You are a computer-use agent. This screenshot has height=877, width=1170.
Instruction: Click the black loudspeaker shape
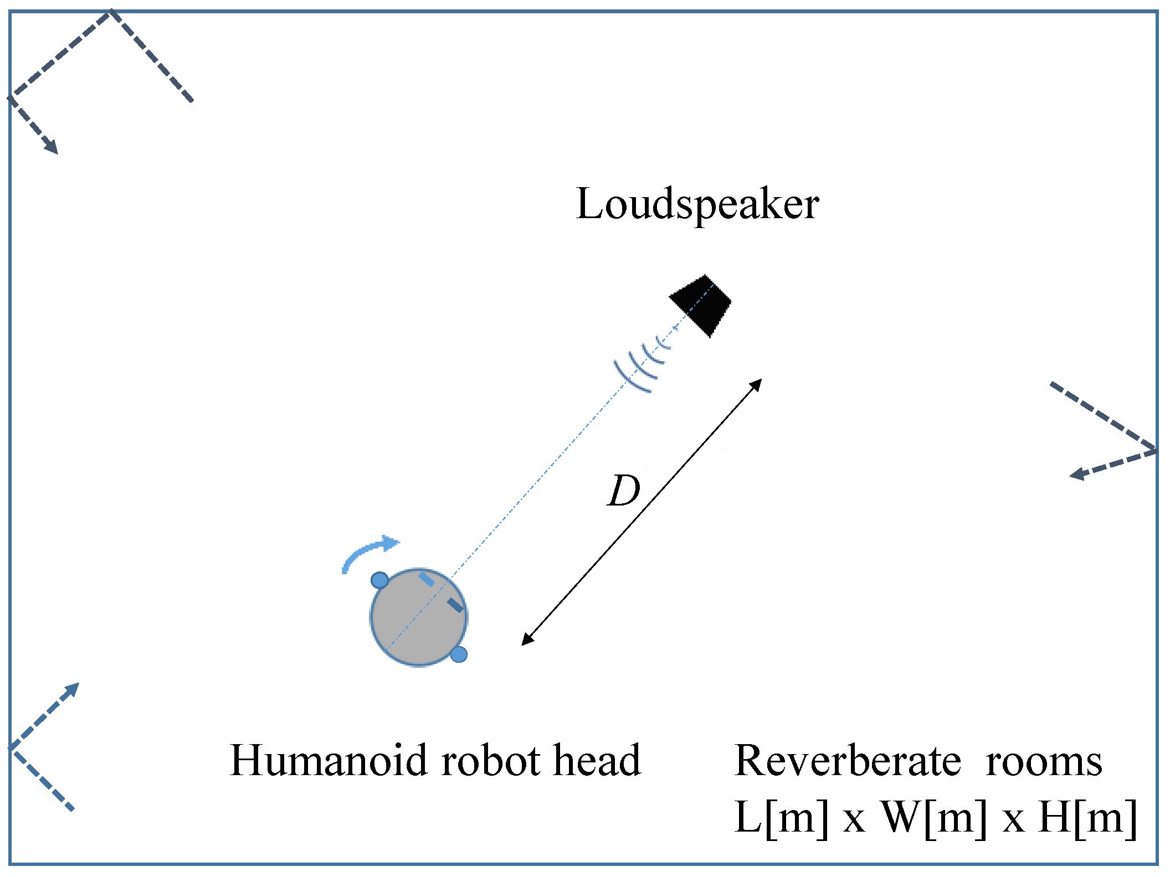click(701, 305)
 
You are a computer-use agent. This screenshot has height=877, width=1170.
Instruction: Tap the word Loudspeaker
click(697, 204)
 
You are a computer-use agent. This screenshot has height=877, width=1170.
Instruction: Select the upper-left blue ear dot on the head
click(379, 580)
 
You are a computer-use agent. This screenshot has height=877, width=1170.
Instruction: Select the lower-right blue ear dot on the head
click(459, 654)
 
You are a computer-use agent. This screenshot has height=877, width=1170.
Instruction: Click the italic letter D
click(624, 491)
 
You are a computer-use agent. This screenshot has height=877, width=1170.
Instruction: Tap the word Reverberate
click(848, 761)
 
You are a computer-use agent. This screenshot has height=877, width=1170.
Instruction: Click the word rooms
click(1044, 762)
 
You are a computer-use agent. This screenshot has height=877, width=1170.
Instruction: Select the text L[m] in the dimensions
click(782, 818)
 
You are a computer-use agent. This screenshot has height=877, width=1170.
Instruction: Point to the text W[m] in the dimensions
click(934, 818)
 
